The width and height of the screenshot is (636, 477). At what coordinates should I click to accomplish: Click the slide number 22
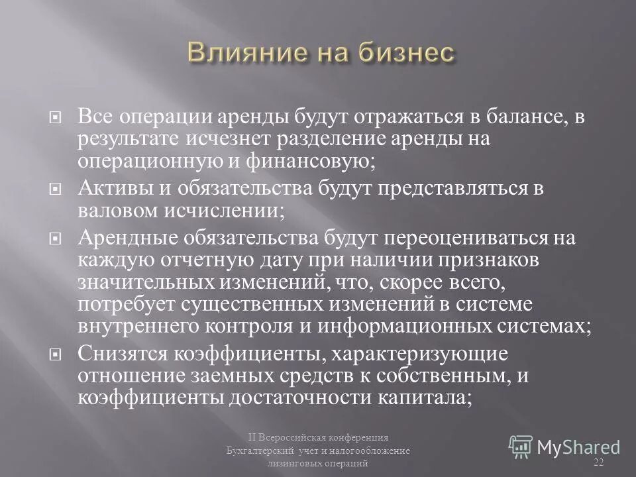coord(599,461)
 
